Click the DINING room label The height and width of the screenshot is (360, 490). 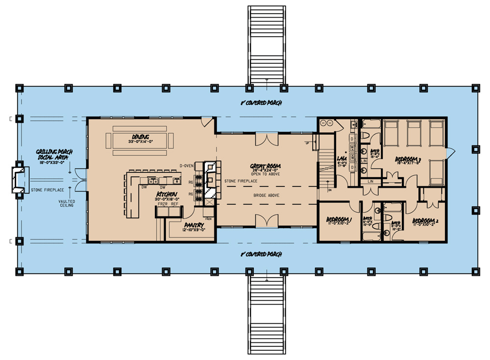pyautogui.click(x=140, y=137)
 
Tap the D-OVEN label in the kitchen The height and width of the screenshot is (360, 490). pyautogui.click(x=187, y=166)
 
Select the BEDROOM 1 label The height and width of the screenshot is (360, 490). pyautogui.click(x=339, y=219)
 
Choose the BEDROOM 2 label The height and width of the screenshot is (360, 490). pyautogui.click(x=425, y=220)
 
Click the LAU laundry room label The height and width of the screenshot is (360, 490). pyautogui.click(x=342, y=159)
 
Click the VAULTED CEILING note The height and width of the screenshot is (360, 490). pyautogui.click(x=66, y=202)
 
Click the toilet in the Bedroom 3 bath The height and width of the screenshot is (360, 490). pyautogui.click(x=367, y=138)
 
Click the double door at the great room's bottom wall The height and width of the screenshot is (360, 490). pyautogui.click(x=265, y=221)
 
